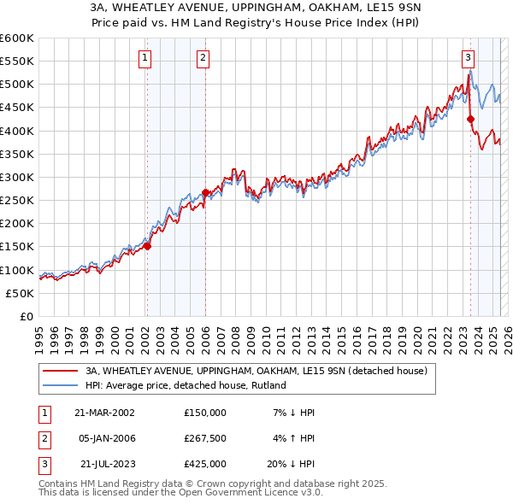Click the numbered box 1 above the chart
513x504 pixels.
click(x=145, y=58)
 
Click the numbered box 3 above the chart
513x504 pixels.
click(x=469, y=58)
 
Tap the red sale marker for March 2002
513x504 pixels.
click(x=147, y=246)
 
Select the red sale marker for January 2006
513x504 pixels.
click(x=205, y=192)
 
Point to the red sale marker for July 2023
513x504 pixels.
click(x=471, y=120)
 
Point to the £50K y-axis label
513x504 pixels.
click(x=21, y=293)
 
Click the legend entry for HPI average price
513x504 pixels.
click(x=186, y=385)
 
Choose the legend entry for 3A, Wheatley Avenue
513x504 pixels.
click(x=251, y=371)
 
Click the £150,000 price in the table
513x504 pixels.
click(x=205, y=413)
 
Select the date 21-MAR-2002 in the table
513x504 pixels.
click(x=104, y=413)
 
